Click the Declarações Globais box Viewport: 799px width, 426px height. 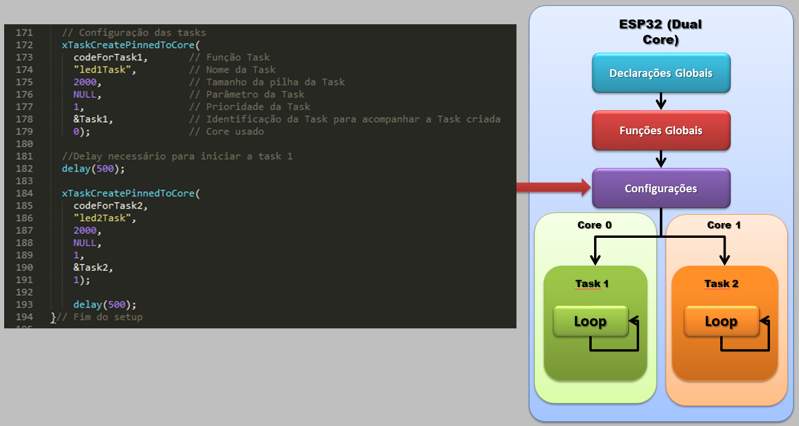(661, 73)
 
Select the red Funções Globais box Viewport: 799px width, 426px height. (661, 130)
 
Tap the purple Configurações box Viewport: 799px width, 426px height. (661, 188)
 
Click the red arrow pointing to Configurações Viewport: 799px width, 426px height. (553, 188)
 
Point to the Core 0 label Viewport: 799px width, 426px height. (594, 225)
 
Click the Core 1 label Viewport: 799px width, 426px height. (724, 225)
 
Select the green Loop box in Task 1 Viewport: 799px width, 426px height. (590, 321)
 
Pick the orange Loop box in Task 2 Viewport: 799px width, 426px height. (721, 321)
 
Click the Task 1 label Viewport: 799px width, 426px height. (592, 283)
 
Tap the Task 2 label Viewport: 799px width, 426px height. (721, 283)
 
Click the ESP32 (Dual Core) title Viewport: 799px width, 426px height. (660, 33)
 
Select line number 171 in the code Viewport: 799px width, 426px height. (24, 33)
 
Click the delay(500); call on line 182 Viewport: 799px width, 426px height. (94, 169)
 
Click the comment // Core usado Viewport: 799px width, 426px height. (226, 131)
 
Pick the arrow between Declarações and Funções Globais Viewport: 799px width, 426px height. (661, 101)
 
